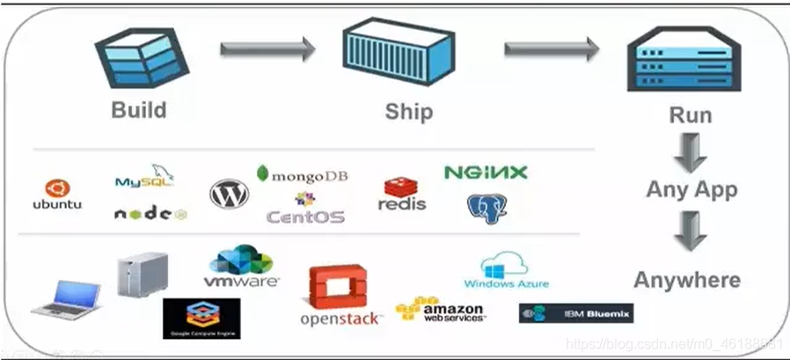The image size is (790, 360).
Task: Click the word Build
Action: [x=139, y=111]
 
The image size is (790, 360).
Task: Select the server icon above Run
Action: [x=690, y=64]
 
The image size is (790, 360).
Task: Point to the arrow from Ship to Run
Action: [x=551, y=49]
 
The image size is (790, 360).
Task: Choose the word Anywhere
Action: [x=687, y=280]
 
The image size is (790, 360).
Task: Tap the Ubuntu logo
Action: [x=57, y=195]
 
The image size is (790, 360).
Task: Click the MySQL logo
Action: [x=145, y=177]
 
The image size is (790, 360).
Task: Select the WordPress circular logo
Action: [x=229, y=194]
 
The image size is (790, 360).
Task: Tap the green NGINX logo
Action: [x=486, y=173]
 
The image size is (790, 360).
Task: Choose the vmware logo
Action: [x=241, y=268]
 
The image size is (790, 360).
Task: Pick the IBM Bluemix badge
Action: [x=576, y=312]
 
